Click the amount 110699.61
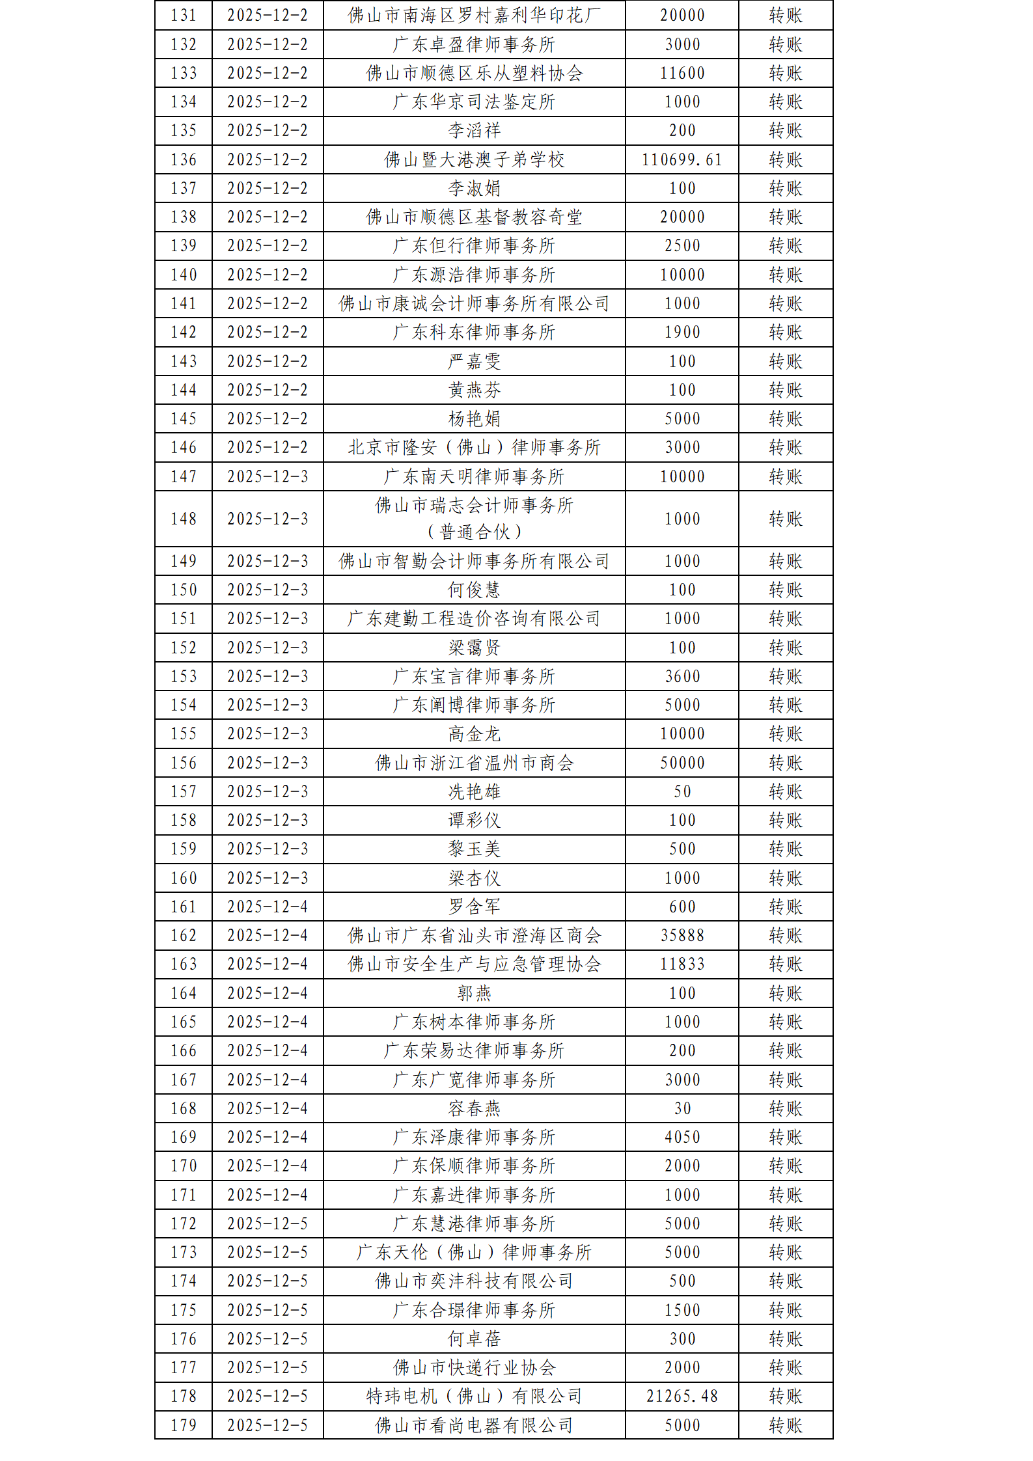tap(682, 159)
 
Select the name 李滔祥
tap(474, 131)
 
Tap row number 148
tap(184, 519)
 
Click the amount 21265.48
tap(682, 1396)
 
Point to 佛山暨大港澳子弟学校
tap(474, 159)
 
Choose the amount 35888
tap(682, 935)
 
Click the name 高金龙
tap(474, 734)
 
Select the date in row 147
tap(268, 476)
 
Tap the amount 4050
tap(682, 1137)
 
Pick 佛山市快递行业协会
tap(474, 1367)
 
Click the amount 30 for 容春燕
tap(682, 1108)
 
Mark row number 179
tap(184, 1425)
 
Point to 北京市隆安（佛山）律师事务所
tap(474, 447)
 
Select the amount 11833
tap(682, 964)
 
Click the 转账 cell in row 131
tap(785, 16)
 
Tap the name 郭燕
tap(474, 993)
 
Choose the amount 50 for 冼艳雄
tap(682, 791)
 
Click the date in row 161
tap(268, 907)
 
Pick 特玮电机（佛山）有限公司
tap(474, 1396)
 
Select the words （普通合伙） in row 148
tap(474, 532)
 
